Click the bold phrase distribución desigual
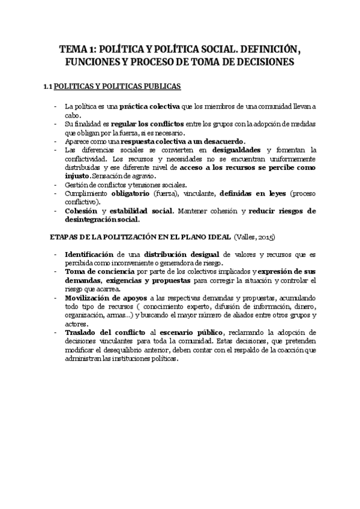pyautogui.click(x=194, y=254)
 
